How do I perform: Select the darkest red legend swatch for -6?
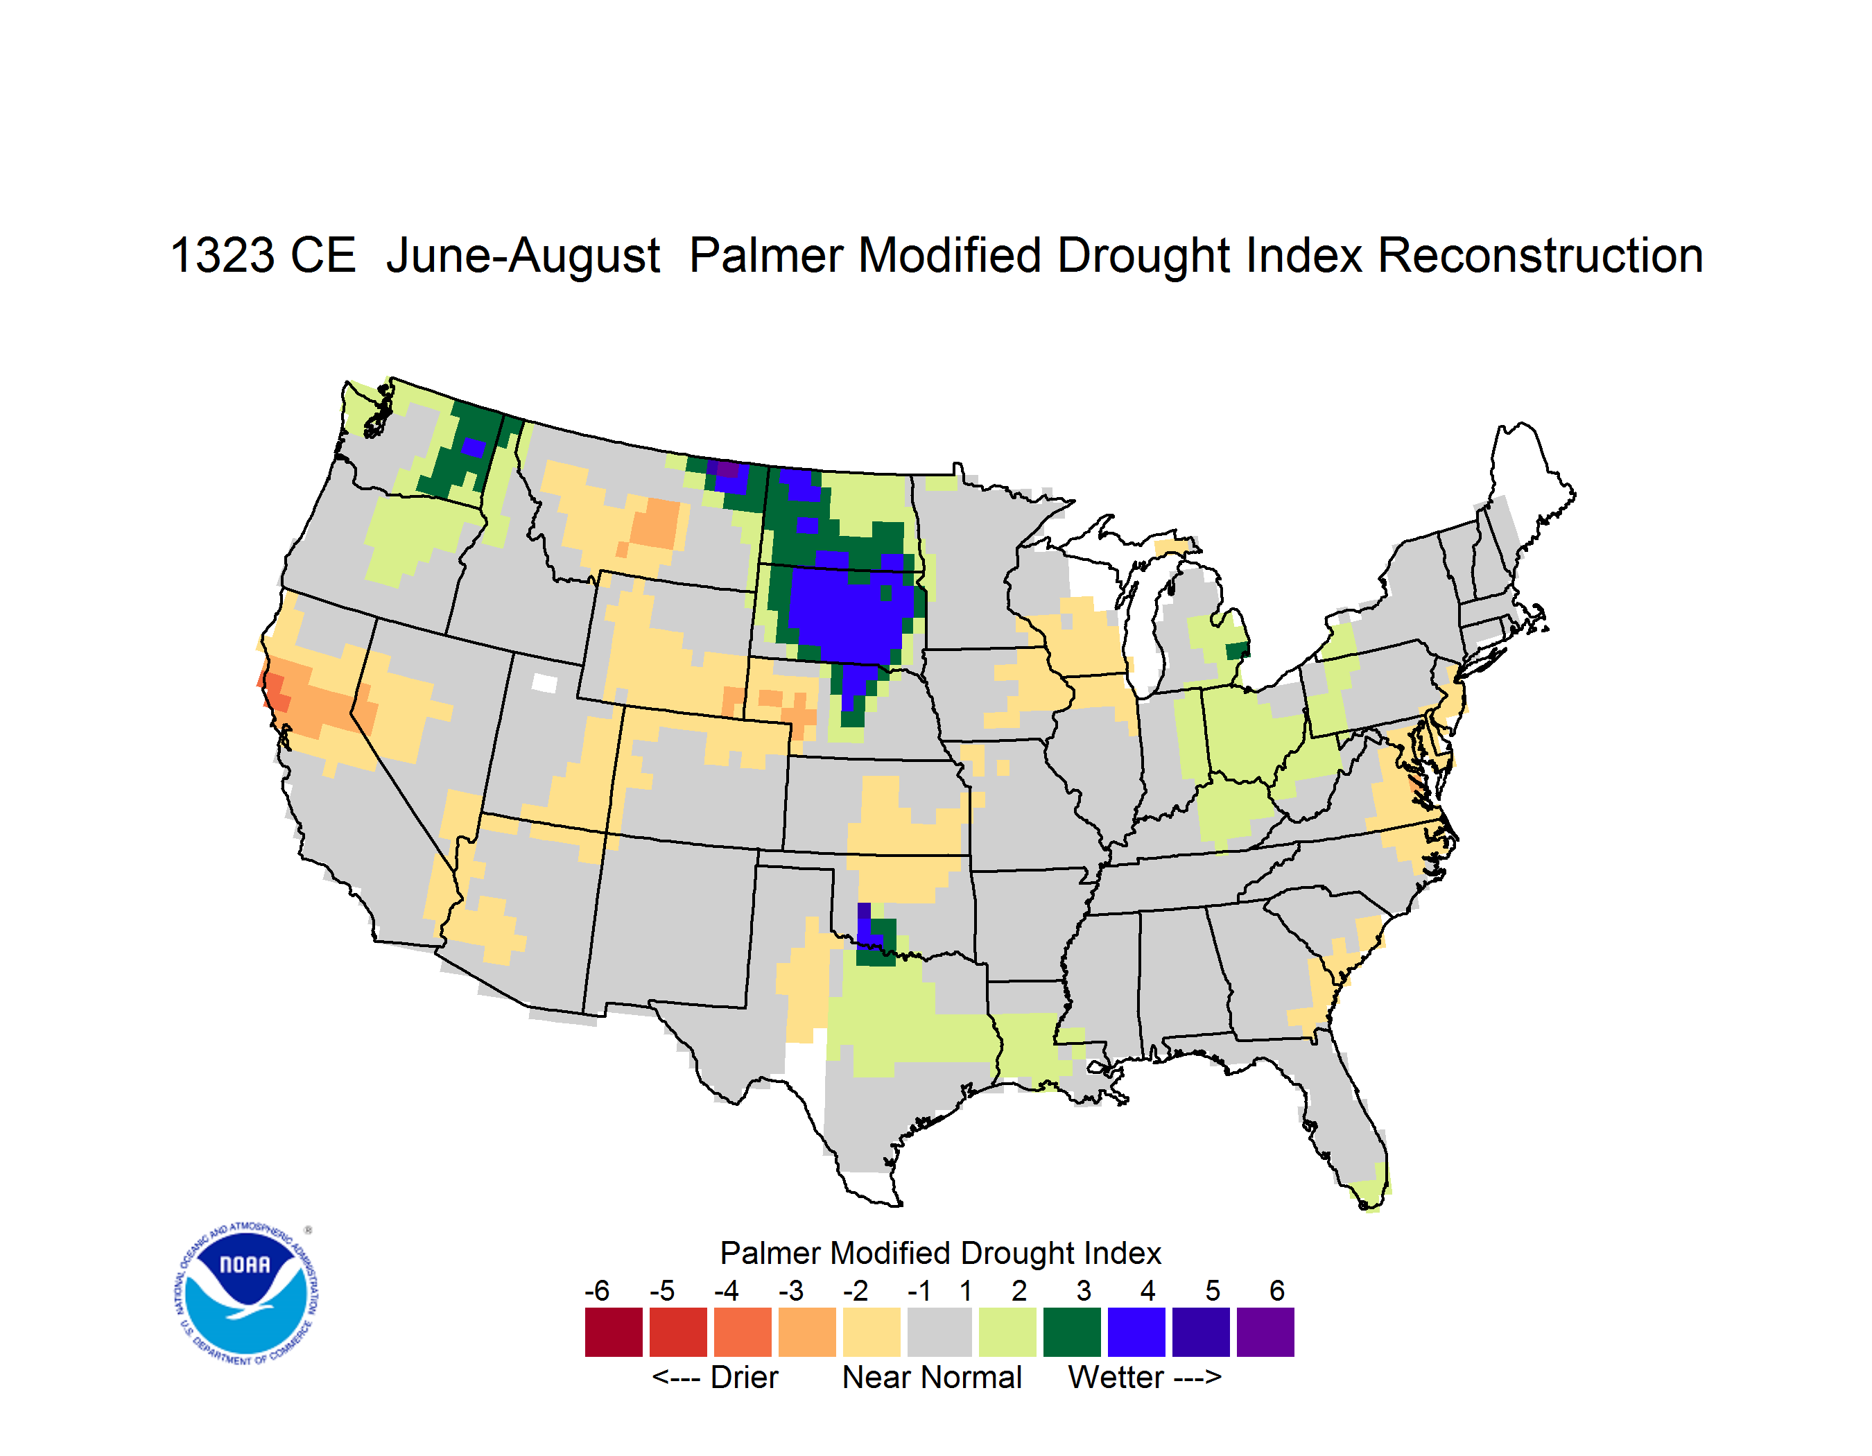(614, 1332)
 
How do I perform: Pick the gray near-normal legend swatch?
(939, 1332)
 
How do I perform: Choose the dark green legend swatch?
(1071, 1332)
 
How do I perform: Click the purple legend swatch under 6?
(1265, 1332)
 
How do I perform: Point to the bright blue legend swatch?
(1136, 1332)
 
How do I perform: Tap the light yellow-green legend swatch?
(1007, 1332)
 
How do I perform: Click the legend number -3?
(790, 1290)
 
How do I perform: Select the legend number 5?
(1213, 1290)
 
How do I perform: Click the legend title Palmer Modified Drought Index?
(940, 1253)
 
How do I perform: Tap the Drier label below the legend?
(744, 1377)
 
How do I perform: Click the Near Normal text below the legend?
(932, 1377)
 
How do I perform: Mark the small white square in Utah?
(544, 683)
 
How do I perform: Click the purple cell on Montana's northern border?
(727, 469)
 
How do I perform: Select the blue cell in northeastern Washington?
(473, 447)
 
